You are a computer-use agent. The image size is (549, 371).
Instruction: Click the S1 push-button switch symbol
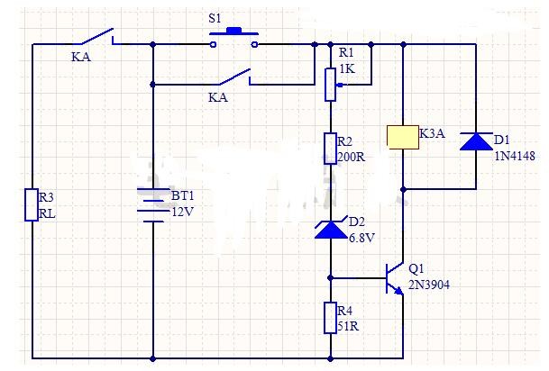233,37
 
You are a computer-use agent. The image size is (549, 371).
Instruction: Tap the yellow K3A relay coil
403,137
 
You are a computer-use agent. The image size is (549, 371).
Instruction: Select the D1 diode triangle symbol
476,141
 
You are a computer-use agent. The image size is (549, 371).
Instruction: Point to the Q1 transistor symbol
395,278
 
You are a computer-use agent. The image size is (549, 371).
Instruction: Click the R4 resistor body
330,318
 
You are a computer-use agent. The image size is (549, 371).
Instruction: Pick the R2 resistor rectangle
330,149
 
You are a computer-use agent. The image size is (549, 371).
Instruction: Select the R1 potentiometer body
330,85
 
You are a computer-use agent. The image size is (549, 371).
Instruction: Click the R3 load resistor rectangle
32,205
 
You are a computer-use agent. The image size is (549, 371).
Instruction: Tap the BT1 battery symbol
152,205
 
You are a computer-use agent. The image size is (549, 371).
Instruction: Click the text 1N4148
515,156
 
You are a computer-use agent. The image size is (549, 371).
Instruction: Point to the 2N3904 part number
429,285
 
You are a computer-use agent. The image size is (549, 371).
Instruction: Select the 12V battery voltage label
182,212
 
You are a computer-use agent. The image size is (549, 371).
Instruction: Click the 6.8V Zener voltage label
361,238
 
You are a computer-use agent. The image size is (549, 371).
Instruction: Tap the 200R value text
352,157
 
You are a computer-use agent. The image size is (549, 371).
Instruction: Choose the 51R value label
348,326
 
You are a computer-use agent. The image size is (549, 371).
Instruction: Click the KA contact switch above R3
98,37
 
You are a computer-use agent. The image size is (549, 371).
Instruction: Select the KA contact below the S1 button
235,77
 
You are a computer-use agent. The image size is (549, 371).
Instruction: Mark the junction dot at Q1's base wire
330,278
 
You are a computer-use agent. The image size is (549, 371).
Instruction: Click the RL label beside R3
47,213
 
